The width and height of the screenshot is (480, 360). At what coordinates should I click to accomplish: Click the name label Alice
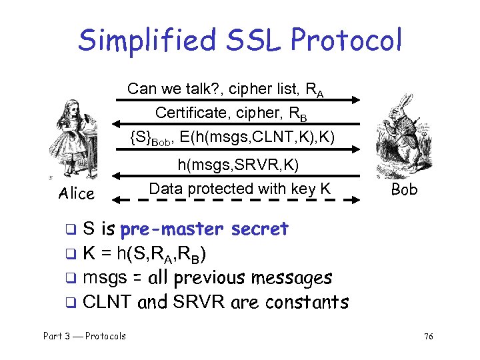click(x=76, y=193)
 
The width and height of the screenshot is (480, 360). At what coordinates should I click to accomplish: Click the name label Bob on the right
click(x=404, y=189)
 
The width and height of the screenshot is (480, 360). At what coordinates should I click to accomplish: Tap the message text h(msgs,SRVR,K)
click(x=237, y=164)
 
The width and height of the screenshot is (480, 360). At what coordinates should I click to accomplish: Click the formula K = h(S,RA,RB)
click(x=143, y=253)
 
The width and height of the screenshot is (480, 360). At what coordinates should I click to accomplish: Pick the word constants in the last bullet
click(x=307, y=302)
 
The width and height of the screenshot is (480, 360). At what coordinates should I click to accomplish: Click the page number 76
click(x=428, y=337)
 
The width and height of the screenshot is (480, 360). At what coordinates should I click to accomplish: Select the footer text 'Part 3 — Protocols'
click(x=84, y=336)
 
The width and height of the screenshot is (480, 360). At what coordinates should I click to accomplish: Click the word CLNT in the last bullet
click(x=107, y=302)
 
